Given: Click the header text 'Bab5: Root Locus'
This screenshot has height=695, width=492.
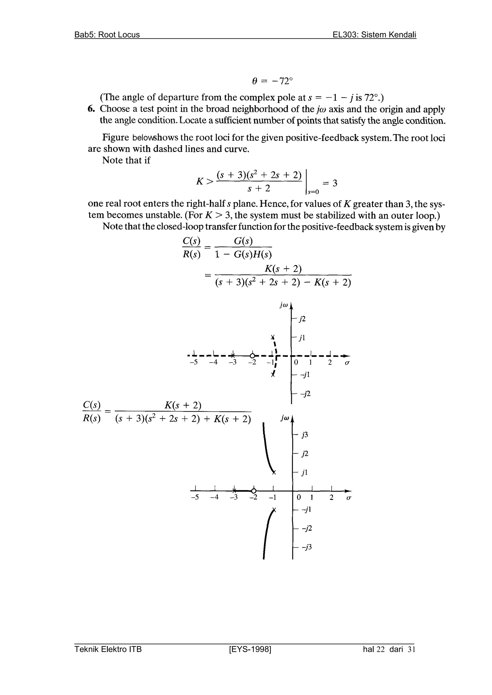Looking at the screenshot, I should (x=107, y=35).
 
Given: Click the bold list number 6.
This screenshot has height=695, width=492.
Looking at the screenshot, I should (x=91, y=109).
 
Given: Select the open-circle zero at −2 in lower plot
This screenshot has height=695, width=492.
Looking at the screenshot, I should (x=254, y=491).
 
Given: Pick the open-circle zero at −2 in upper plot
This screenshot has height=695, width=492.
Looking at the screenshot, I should (x=252, y=355).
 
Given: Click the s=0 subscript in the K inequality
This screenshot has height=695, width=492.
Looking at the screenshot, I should (x=313, y=192).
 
